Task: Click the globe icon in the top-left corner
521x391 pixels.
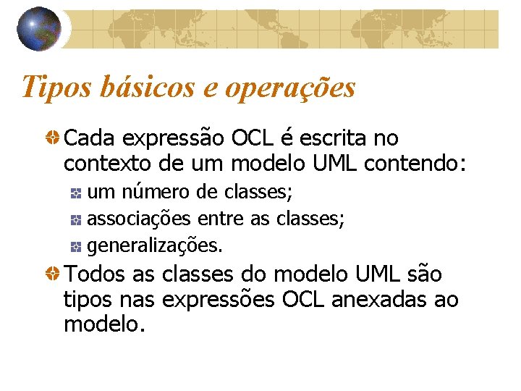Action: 39,28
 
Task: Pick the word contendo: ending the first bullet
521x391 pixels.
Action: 415,164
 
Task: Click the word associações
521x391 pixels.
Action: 138,219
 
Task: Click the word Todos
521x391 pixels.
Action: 96,275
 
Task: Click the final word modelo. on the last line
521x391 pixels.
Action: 105,324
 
